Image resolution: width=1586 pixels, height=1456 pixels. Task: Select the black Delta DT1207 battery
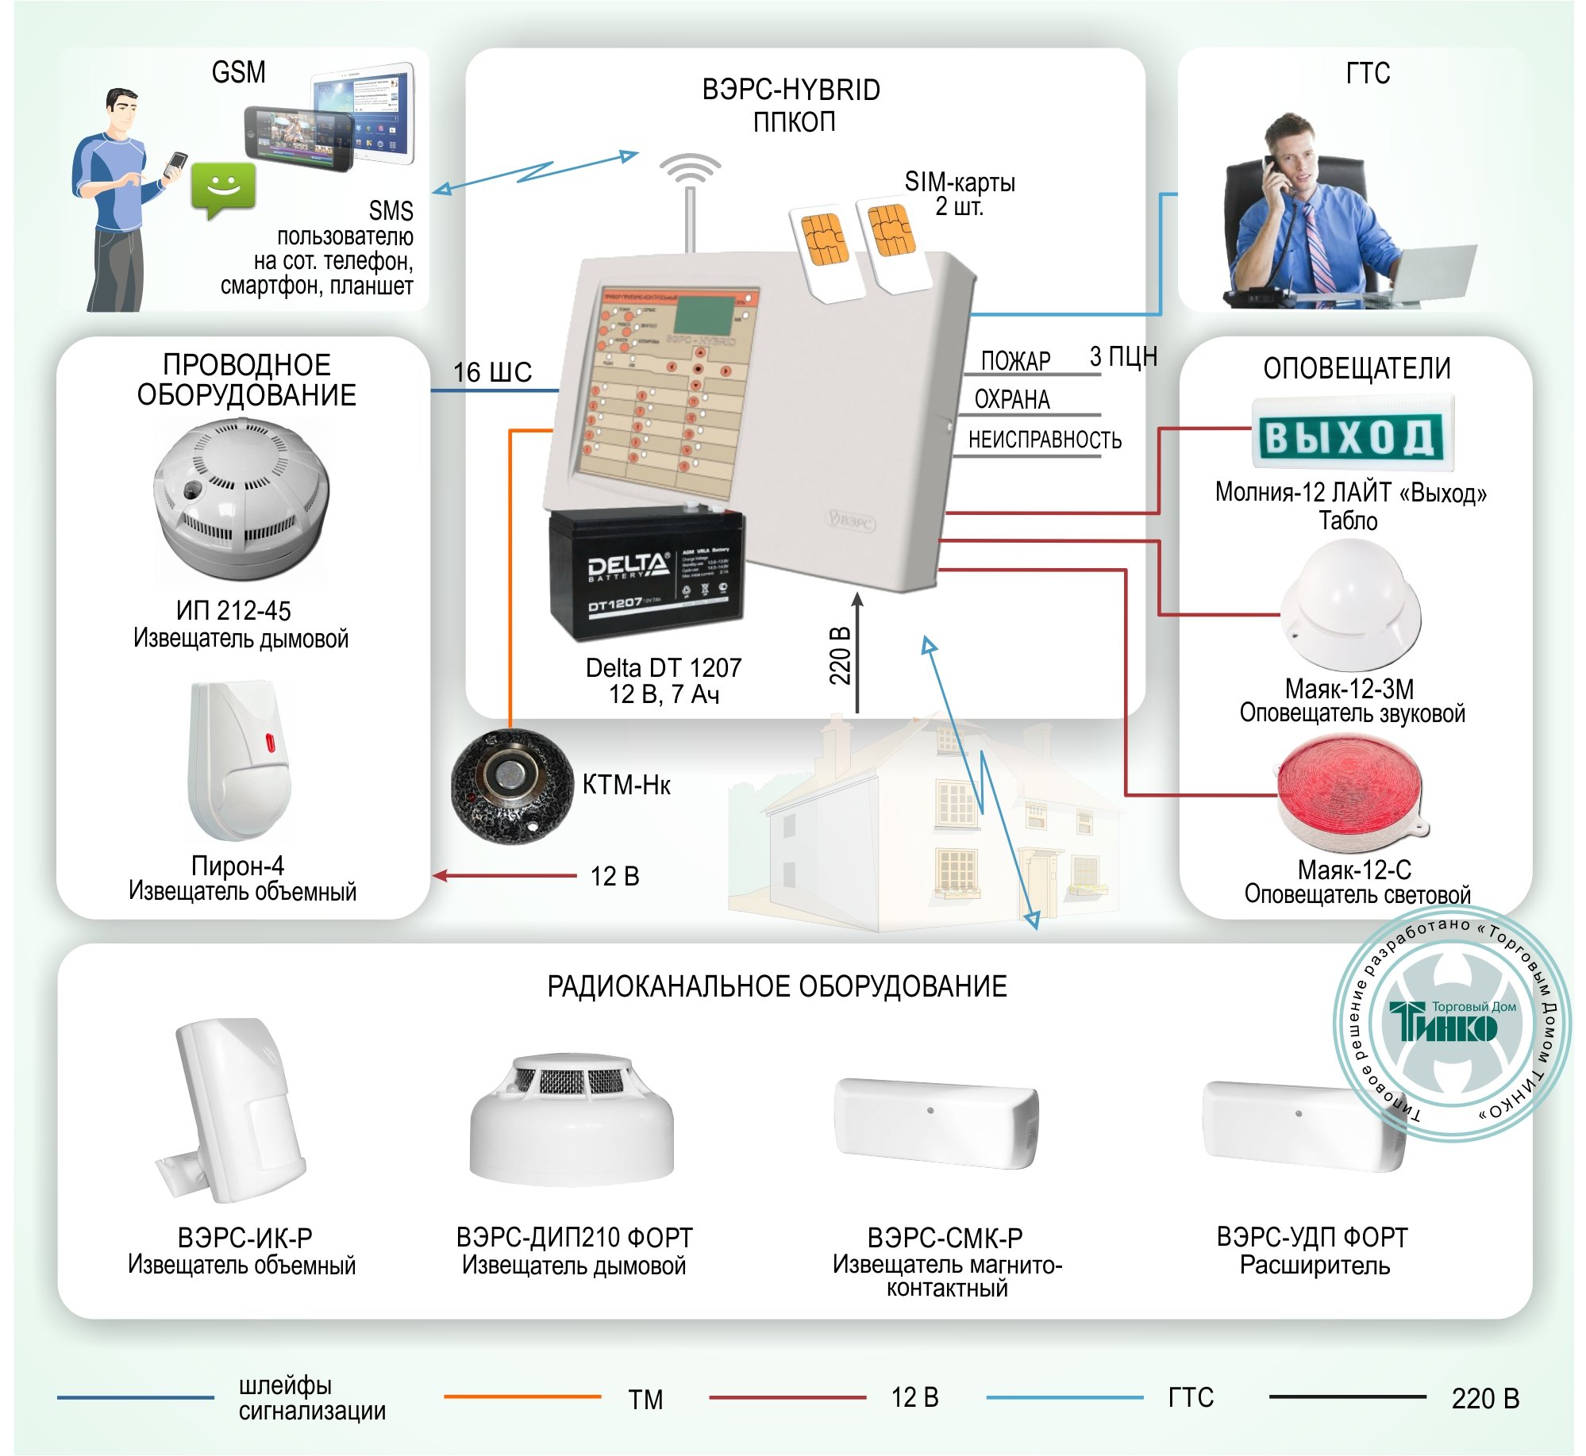(x=647, y=573)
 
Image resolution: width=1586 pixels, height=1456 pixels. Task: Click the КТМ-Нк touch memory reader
(x=511, y=786)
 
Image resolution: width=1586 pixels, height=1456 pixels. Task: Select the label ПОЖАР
(x=1015, y=362)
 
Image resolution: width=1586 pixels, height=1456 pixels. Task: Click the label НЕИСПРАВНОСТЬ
(x=1045, y=440)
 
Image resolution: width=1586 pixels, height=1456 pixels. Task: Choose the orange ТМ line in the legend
(x=522, y=1396)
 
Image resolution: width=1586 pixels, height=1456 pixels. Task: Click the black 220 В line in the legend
(x=1347, y=1396)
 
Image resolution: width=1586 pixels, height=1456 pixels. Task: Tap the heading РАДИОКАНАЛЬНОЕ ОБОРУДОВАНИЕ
(x=776, y=986)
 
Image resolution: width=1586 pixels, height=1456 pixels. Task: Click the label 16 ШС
(x=492, y=372)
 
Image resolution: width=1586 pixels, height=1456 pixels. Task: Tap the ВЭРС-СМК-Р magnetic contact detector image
(x=936, y=1122)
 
